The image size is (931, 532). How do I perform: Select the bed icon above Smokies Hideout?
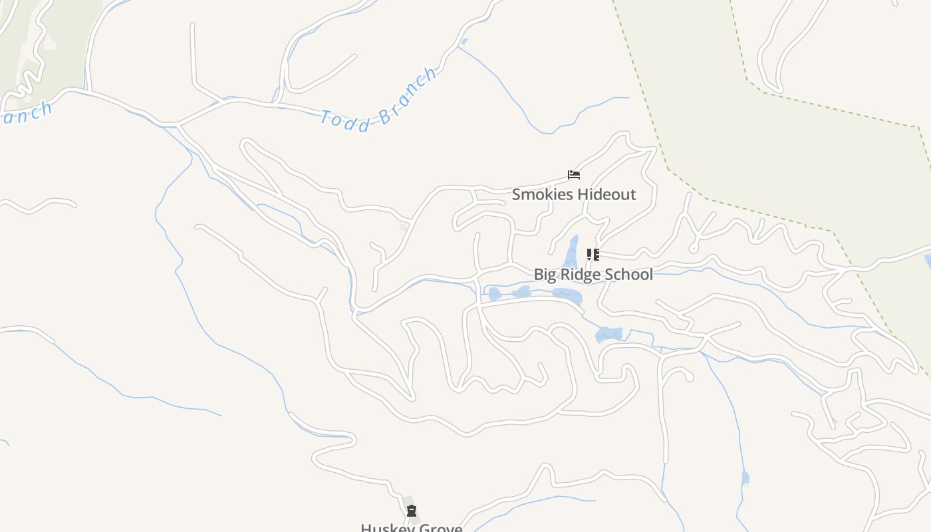point(574,175)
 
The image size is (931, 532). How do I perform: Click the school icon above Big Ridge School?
point(593,254)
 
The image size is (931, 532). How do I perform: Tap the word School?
point(630,275)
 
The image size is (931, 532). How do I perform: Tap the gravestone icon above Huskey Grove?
point(412,511)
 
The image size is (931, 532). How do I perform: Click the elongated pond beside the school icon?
point(571,253)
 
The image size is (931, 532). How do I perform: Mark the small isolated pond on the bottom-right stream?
point(745,477)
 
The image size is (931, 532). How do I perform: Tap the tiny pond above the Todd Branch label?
point(464,42)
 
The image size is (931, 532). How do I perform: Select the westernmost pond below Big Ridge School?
point(494,293)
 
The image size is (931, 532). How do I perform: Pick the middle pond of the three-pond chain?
point(522,291)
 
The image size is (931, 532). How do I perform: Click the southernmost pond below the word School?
point(608,334)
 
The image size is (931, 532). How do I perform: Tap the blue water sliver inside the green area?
point(928,261)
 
